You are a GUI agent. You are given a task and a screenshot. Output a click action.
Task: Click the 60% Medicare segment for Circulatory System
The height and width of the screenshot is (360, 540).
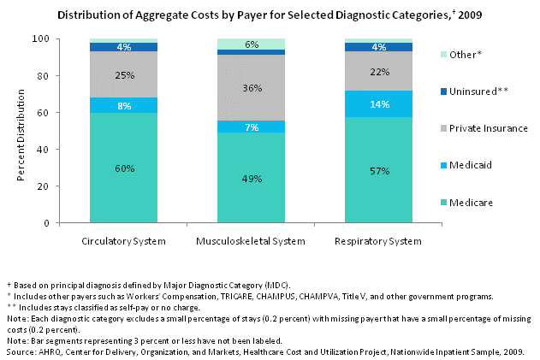coord(124,168)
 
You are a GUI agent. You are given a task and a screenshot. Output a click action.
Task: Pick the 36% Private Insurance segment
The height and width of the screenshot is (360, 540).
coord(252,87)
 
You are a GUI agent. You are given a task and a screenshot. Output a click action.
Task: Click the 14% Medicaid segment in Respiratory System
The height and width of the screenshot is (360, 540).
coord(380,104)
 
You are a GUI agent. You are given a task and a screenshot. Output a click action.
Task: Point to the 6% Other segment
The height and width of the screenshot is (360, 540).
coord(252,44)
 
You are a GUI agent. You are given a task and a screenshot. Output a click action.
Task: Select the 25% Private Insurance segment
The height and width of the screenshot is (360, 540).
coord(124,75)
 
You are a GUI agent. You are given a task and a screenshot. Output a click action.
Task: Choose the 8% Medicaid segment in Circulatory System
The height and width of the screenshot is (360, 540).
coord(124,105)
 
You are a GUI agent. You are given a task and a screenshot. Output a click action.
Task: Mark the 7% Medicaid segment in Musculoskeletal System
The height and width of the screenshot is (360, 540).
coord(252,127)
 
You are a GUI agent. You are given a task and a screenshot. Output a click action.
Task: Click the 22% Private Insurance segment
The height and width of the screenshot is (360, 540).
coord(380,71)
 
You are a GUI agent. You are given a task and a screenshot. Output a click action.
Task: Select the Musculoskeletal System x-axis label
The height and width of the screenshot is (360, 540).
coord(252,241)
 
